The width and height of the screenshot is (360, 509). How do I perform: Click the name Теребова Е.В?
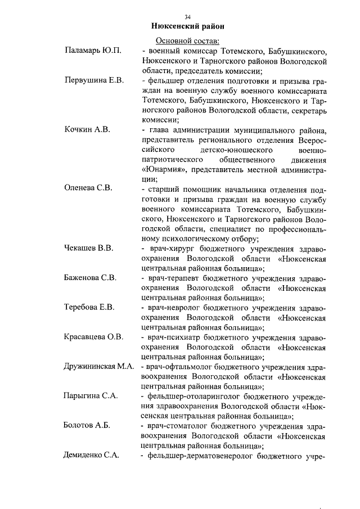click(x=89, y=307)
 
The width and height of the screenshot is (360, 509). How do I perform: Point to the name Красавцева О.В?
click(x=93, y=337)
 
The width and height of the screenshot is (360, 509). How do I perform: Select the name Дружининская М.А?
click(x=98, y=366)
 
